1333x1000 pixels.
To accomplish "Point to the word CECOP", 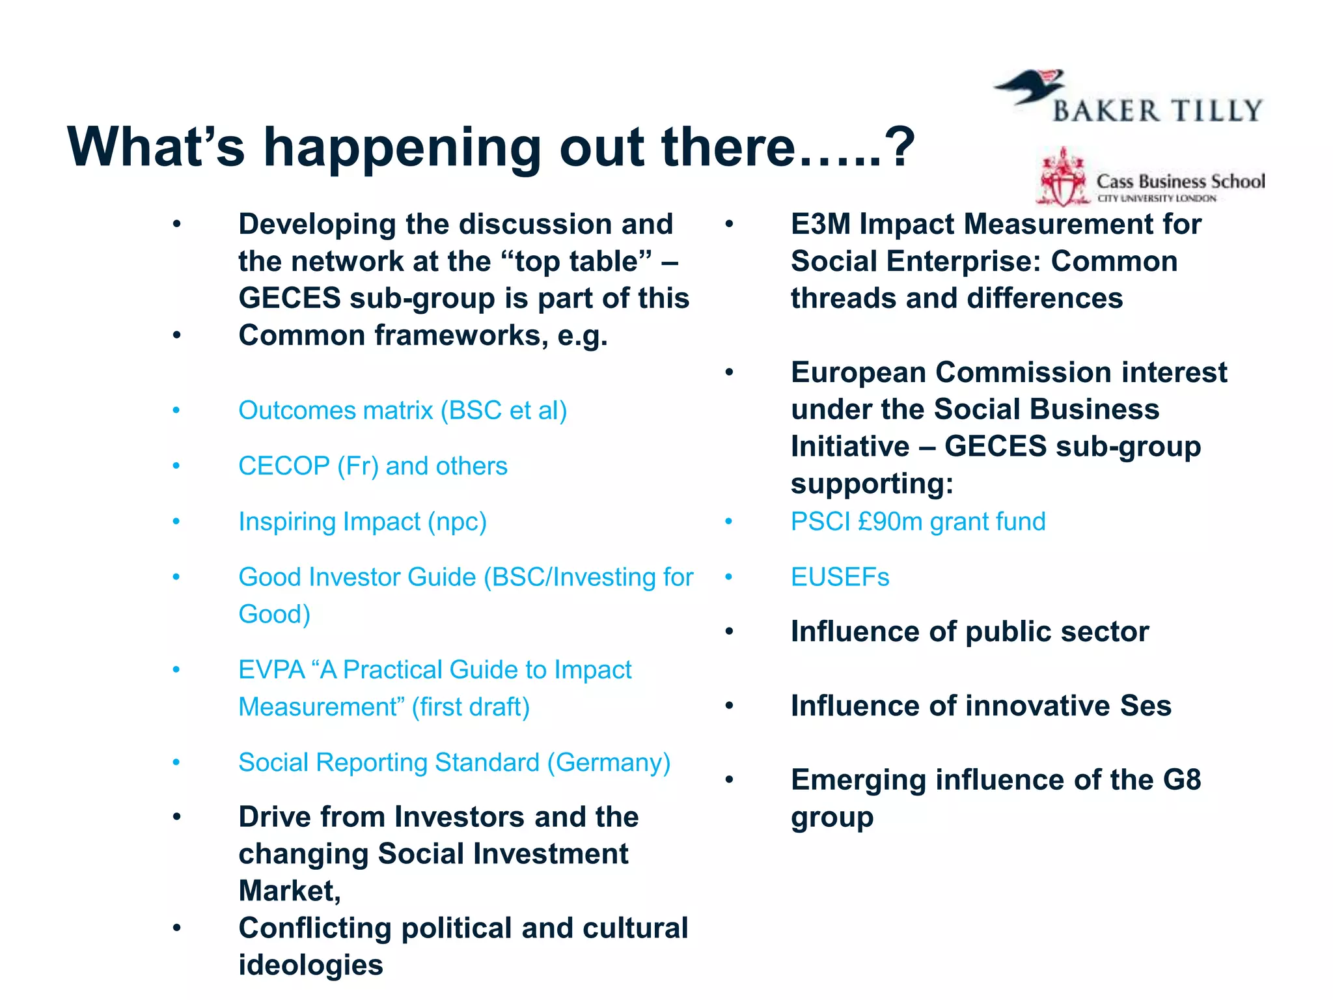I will point(284,466).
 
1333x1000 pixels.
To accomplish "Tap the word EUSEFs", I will point(840,577).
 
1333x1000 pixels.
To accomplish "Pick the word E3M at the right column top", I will point(821,225).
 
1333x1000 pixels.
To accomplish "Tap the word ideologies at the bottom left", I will point(310,965).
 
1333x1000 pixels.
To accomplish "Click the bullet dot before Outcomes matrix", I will point(176,411).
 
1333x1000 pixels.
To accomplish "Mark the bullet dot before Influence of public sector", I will point(729,632).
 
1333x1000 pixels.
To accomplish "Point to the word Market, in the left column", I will point(290,891).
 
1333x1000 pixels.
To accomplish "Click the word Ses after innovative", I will point(1145,706).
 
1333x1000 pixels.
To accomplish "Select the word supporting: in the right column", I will point(872,484).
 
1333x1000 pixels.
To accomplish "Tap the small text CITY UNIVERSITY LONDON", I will point(1157,199).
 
